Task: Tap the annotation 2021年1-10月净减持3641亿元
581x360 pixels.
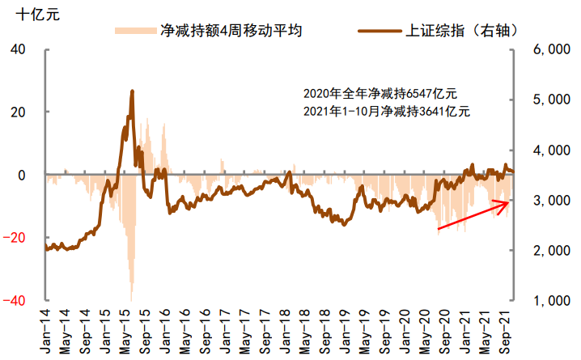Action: pyautogui.click(x=386, y=111)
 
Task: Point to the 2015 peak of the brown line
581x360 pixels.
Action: pyautogui.click(x=132, y=91)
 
